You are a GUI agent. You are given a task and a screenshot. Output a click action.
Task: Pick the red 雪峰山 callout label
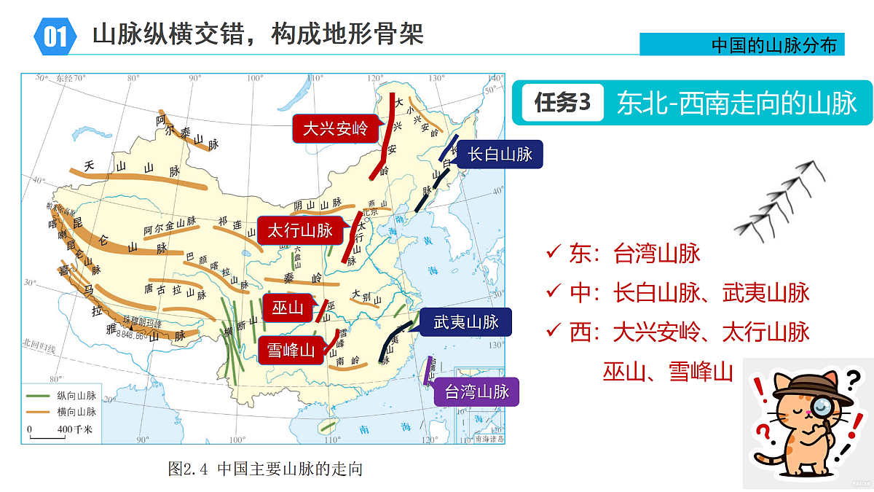pos(291,350)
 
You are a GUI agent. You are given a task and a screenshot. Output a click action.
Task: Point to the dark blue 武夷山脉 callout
pos(466,321)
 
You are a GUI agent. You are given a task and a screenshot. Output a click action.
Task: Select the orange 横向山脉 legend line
pos(38,412)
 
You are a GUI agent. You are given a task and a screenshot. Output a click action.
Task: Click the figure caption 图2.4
pos(264,468)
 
